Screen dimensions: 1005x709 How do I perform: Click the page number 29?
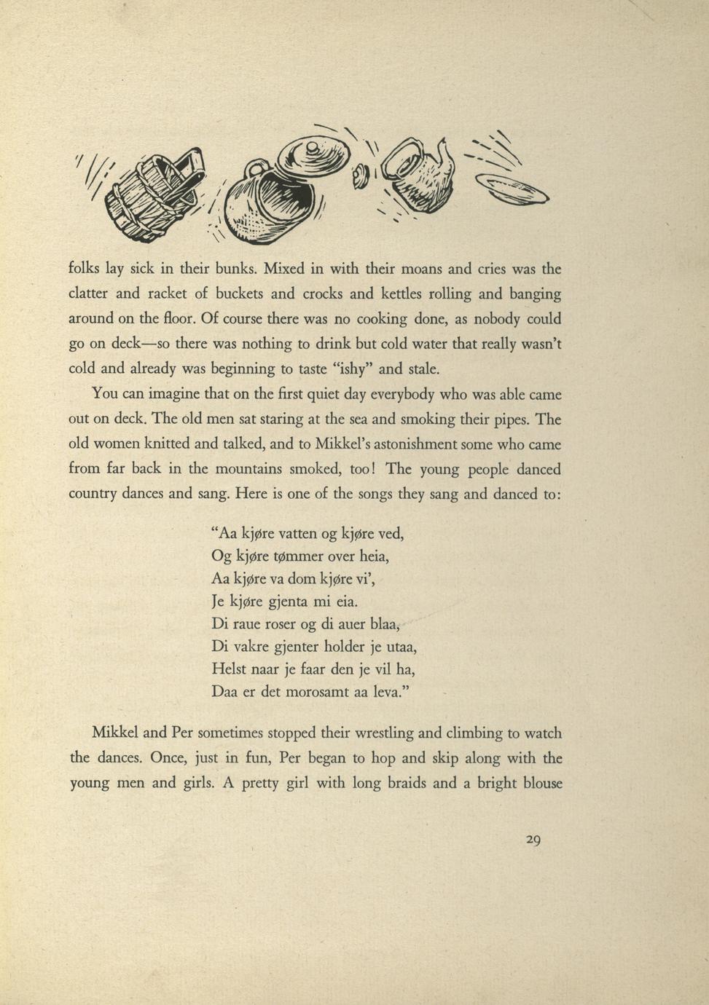533,840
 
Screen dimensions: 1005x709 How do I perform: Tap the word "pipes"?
510,419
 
